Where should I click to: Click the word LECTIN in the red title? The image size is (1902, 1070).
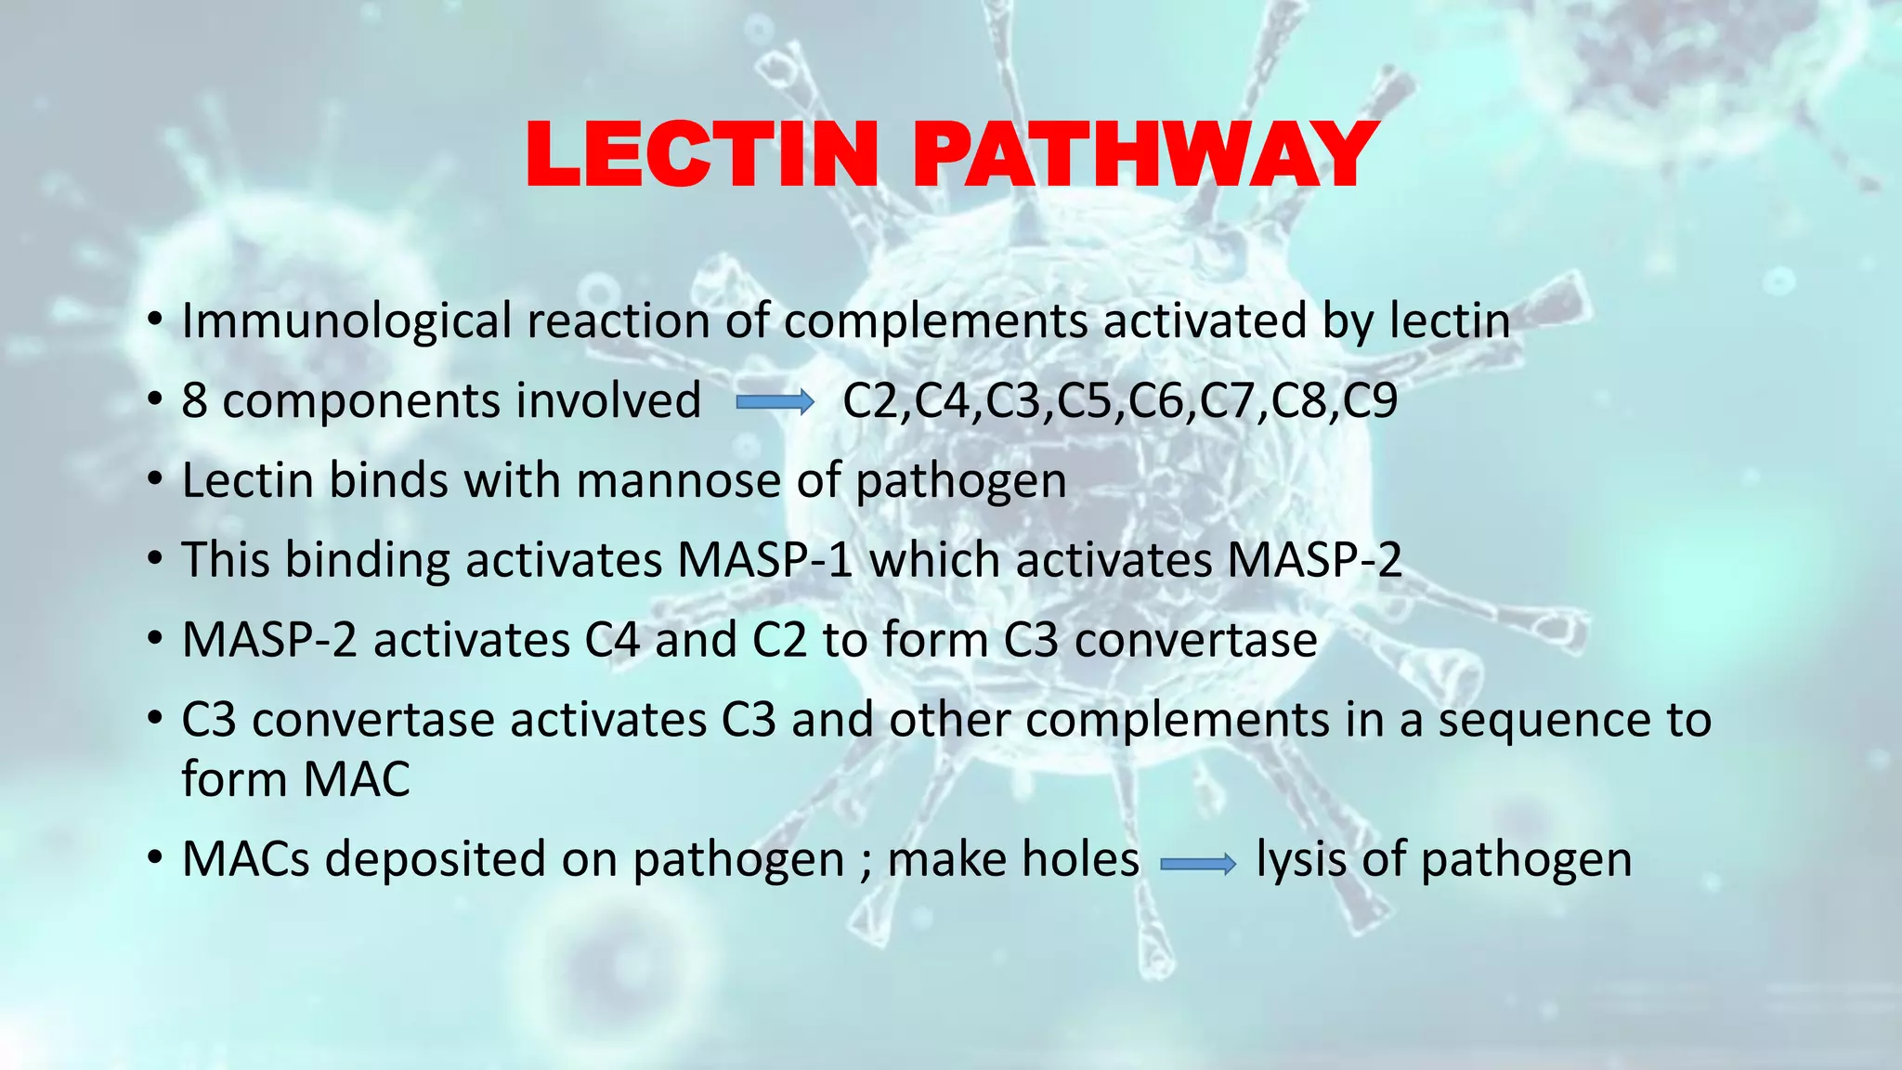click(701, 155)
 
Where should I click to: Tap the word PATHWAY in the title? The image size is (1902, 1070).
click(1144, 155)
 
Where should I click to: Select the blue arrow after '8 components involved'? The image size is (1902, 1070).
click(775, 402)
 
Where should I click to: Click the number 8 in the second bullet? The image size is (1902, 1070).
click(194, 401)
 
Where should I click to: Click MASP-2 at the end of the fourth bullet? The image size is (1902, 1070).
click(1313, 560)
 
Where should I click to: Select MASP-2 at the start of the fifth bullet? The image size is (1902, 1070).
click(269, 640)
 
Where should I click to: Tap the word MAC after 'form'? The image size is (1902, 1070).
click(357, 778)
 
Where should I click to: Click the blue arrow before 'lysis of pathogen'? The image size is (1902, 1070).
click(1198, 865)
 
